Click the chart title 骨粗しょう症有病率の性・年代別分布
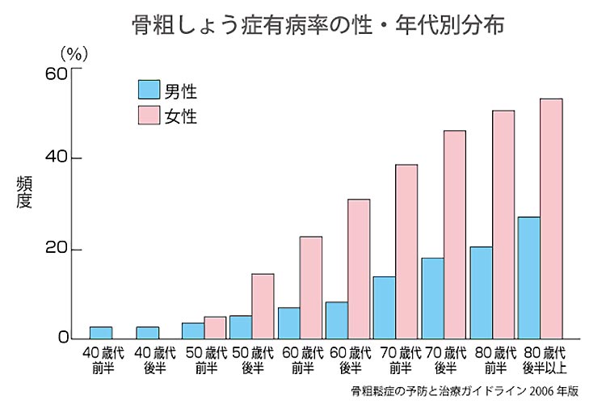(318, 25)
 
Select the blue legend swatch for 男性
(149, 90)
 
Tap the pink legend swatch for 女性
(149, 116)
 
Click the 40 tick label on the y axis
(54, 158)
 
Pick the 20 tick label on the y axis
(54, 250)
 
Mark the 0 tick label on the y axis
(61, 338)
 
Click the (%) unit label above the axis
(74, 53)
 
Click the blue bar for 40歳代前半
(101, 332)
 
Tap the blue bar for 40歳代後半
(148, 332)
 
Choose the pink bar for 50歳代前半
(215, 327)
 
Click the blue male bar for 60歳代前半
(288, 322)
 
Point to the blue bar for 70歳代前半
(384, 307)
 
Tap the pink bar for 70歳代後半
(455, 234)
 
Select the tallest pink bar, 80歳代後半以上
(551, 218)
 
